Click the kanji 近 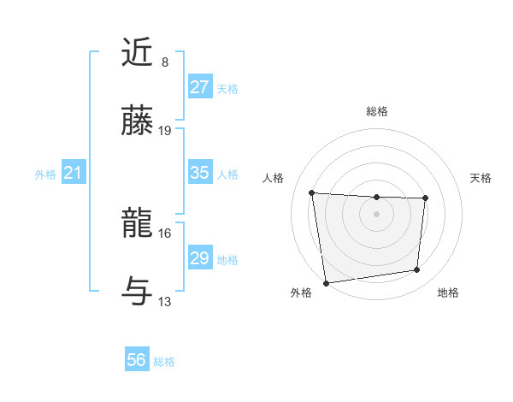(139, 53)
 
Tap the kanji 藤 (139, 122)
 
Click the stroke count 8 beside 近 (165, 62)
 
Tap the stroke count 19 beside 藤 (165, 131)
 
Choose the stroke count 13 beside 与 (165, 302)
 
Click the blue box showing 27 (199, 87)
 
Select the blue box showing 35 (199, 173)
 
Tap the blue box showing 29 (199, 258)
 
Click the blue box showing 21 (73, 174)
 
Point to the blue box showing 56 (137, 361)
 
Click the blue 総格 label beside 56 (165, 362)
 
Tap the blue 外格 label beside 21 (45, 174)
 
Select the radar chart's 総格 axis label (377, 112)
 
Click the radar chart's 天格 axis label (481, 178)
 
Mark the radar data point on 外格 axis (326, 282)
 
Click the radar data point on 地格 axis (417, 270)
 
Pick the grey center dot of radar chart (377, 213)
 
